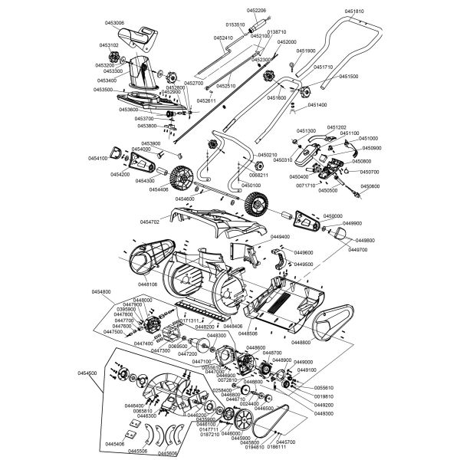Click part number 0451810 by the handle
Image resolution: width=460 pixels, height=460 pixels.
point(356,11)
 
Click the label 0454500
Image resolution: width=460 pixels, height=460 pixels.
point(87,373)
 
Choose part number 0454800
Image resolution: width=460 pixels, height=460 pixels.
point(101,292)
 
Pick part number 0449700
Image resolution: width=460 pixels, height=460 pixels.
point(358,250)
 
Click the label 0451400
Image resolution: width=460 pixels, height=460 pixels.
point(317,104)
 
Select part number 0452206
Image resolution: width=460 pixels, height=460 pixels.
point(257,10)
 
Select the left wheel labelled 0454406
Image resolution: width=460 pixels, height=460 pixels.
point(181,178)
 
